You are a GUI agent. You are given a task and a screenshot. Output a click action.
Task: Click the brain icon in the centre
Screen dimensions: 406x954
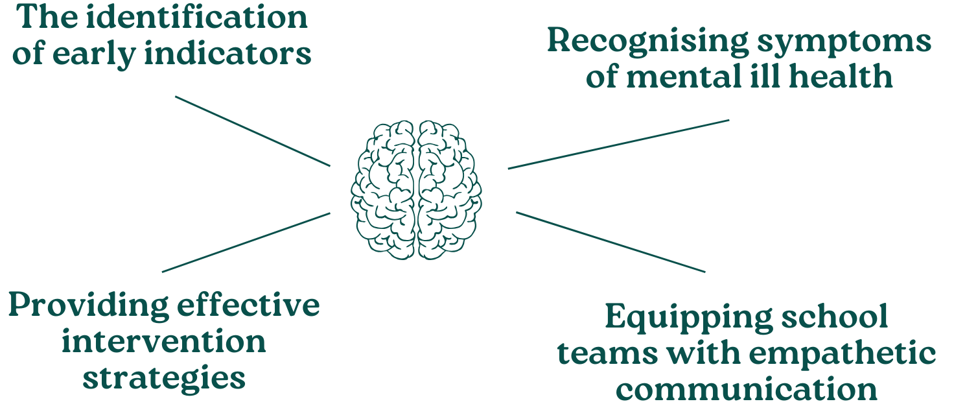point(416,190)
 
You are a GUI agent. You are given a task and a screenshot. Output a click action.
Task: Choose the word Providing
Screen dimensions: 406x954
point(85,305)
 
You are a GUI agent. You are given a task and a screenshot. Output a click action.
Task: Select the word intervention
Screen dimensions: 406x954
point(163,341)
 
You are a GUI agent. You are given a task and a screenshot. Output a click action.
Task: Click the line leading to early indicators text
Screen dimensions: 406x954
point(253,131)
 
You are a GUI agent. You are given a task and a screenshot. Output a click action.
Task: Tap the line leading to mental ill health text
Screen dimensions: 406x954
point(619,144)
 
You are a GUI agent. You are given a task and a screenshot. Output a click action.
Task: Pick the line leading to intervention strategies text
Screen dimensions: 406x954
point(246,242)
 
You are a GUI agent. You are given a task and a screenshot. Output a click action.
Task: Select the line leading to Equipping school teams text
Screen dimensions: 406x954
point(611,242)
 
